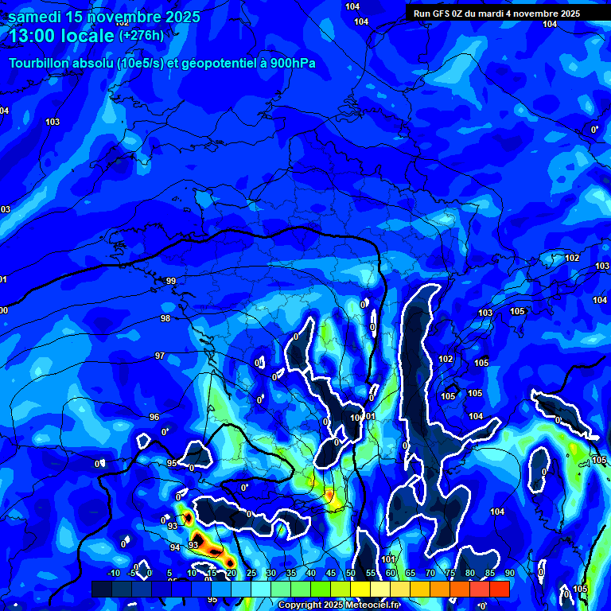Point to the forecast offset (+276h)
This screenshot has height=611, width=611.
click(x=141, y=36)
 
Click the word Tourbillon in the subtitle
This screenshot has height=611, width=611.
click(x=41, y=64)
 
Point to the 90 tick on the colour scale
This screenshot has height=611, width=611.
click(x=509, y=573)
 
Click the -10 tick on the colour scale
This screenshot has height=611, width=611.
click(x=113, y=573)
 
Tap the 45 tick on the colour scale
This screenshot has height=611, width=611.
click(x=331, y=573)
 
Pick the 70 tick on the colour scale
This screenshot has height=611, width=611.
click(x=430, y=573)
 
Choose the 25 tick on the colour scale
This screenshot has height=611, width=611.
click(x=251, y=573)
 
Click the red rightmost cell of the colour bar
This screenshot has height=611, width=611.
click(x=500, y=589)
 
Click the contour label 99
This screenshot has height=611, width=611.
click(x=171, y=282)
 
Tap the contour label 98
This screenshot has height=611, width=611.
click(x=165, y=319)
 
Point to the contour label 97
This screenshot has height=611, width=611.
click(x=160, y=356)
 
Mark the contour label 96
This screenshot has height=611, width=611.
click(x=154, y=417)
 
